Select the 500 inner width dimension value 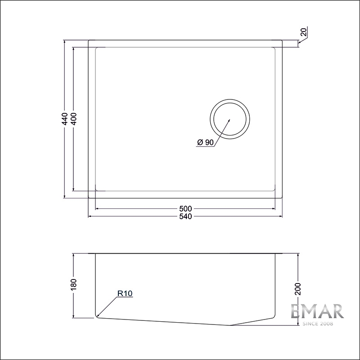pos(185,209)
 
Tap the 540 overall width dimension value pos(185,216)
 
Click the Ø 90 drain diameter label pos(205,143)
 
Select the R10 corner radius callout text pos(124,293)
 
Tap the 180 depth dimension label pos(74,284)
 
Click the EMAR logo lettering pos(317,311)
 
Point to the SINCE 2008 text pos(317,324)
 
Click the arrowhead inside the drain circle pos(229,120)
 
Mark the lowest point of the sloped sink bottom pos(230,325)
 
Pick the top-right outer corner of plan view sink pos(283,40)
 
